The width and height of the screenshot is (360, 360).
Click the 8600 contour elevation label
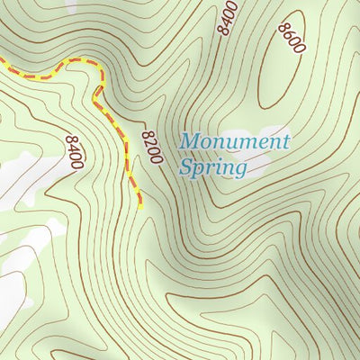(292, 37)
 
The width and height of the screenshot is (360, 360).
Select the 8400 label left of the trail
(74, 153)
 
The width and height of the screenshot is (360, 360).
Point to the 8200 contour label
(151, 147)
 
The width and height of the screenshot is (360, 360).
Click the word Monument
(235, 141)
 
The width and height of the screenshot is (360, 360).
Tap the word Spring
(212, 167)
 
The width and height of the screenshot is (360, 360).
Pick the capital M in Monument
(190, 141)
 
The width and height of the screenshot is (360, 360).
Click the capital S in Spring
(186, 166)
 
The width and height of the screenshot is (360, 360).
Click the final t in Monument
(285, 141)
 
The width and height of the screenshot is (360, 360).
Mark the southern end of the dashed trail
(141, 207)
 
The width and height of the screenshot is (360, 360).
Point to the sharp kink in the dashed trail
(95, 93)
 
